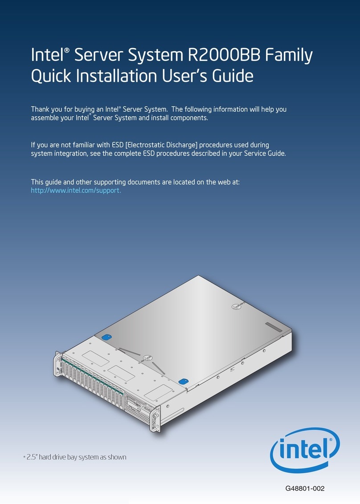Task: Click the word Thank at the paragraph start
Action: [x=41, y=110]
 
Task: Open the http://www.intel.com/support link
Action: [x=76, y=190]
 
